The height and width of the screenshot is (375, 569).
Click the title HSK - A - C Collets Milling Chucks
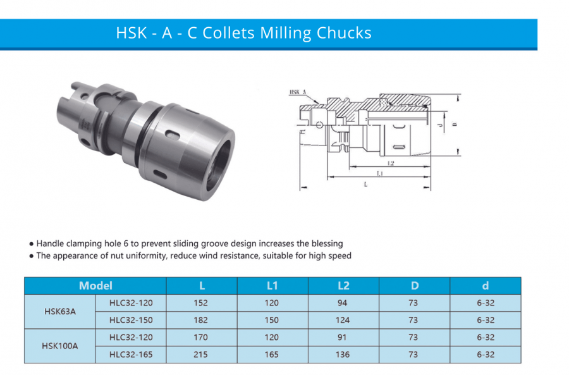coord(243,33)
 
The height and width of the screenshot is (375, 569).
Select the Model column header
coord(95,286)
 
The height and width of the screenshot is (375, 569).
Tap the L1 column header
coord(272,286)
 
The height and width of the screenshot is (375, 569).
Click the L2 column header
coord(343,286)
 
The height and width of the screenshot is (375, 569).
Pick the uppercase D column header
coord(414,286)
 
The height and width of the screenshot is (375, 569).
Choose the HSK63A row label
coord(60,311)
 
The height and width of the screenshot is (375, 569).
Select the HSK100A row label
coord(60,346)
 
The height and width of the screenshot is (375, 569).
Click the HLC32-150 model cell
coord(131,320)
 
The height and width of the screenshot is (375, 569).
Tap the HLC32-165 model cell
coord(131,355)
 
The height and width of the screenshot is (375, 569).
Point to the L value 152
coord(200,303)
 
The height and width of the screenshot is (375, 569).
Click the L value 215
coord(200,355)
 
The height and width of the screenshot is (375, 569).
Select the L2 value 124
coord(343,320)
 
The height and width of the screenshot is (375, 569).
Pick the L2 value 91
coord(343,338)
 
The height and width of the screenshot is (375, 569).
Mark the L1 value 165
coord(272,355)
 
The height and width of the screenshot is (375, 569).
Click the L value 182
coord(200,320)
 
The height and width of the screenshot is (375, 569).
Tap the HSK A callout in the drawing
coord(298,93)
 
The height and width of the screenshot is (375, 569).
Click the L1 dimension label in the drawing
coord(379,173)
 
